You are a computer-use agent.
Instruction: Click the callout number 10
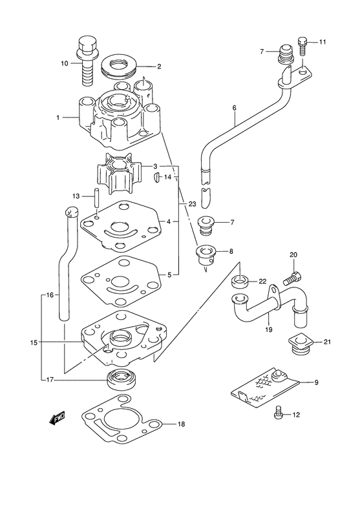pos(64,63)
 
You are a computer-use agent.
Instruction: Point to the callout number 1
pos(58,118)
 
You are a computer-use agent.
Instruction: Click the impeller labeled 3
pos(117,175)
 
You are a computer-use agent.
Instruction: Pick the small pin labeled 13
pos(96,196)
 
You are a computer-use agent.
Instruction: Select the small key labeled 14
pos(157,176)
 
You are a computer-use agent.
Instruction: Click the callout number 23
pos(192,204)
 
